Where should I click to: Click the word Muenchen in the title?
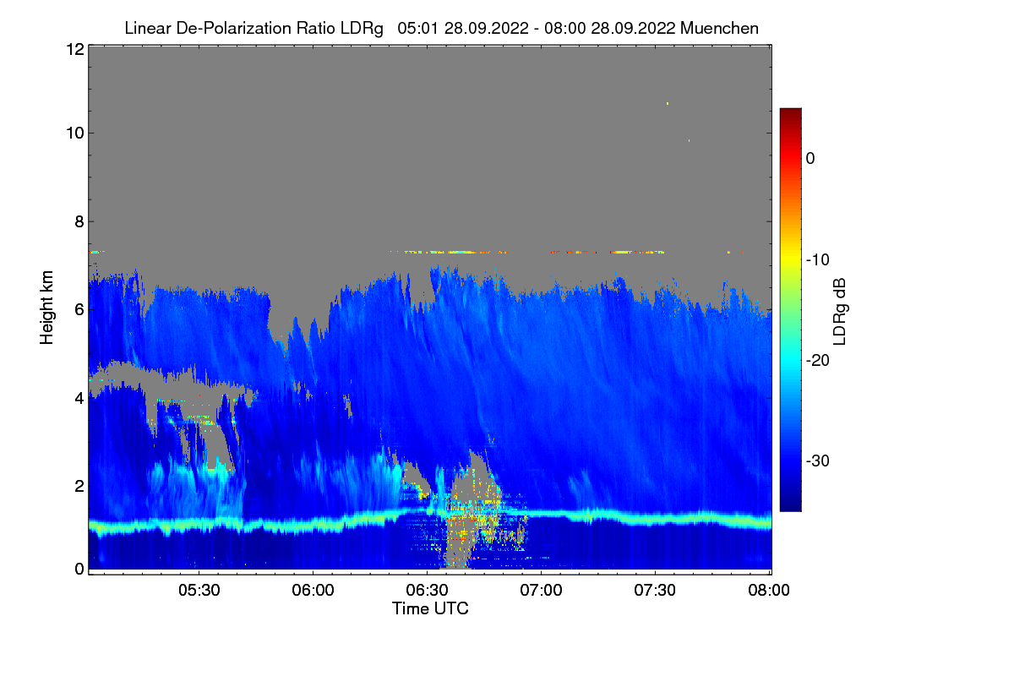[720, 28]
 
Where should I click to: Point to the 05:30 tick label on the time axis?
[199, 591]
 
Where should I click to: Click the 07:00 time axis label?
[541, 591]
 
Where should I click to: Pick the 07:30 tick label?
[655, 591]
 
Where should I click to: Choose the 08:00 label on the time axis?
[769, 591]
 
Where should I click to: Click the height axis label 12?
[74, 49]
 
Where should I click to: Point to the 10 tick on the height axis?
[74, 133]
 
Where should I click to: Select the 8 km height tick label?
[78, 221]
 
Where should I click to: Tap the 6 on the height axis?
[78, 309]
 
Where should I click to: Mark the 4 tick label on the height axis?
[78, 397]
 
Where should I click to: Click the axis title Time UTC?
[430, 608]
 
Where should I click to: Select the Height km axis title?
[46, 308]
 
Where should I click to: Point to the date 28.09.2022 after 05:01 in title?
[475, 28]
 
